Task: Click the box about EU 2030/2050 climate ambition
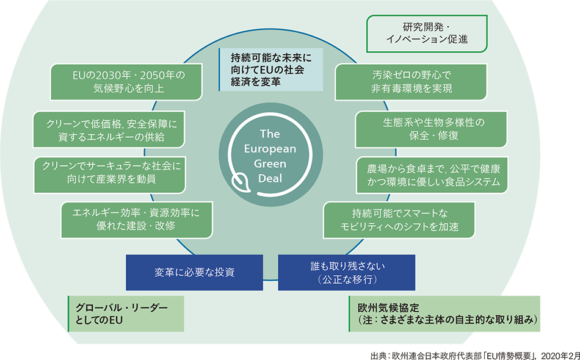(126, 82)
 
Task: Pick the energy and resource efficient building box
(137, 219)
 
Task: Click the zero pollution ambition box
(410, 82)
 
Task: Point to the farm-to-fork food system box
(432, 175)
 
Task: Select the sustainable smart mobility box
(399, 220)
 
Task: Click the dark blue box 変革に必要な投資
(194, 272)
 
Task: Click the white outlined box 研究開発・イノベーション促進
(427, 34)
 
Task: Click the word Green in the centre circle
(269, 164)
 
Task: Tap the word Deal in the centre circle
(269, 178)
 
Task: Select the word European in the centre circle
(269, 149)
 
